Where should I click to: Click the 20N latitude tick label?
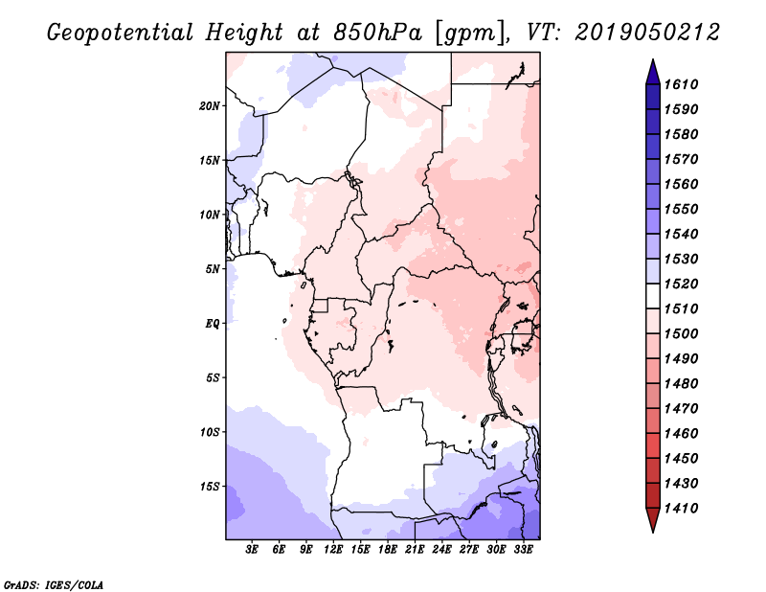210,105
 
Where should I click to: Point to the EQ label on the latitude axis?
213,324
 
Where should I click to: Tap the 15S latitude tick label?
210,487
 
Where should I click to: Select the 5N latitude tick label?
213,269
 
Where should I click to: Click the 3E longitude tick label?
253,551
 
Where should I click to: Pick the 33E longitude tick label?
523,551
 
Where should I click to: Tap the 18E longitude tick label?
388,551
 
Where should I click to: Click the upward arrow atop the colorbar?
652,70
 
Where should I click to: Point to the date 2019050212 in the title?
648,33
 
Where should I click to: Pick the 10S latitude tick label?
210,432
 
